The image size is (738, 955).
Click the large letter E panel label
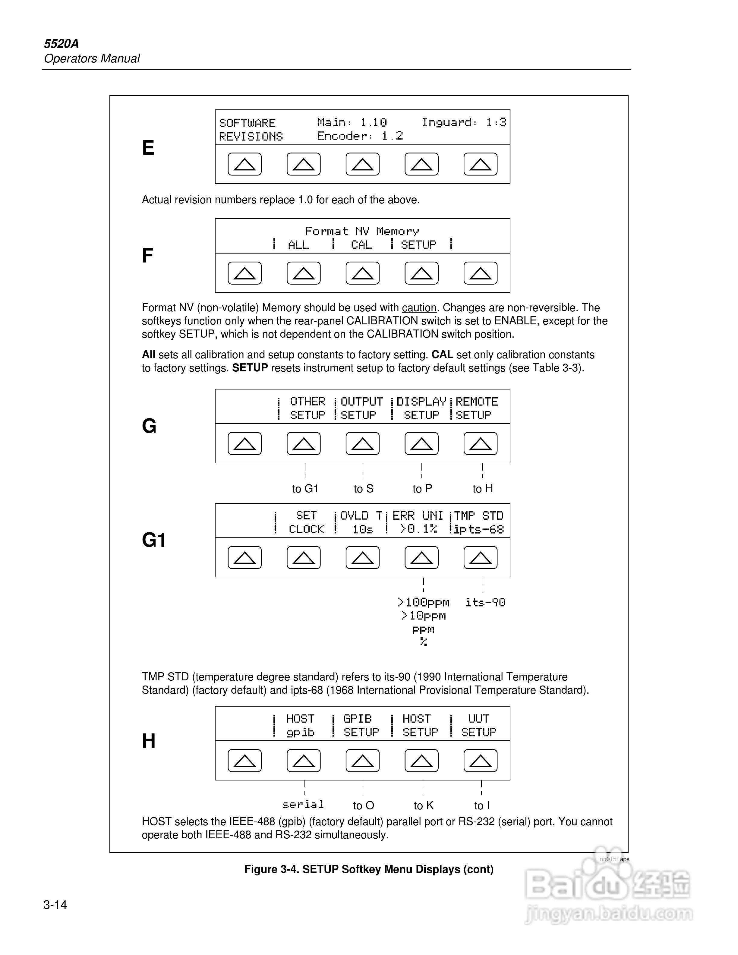click(148, 148)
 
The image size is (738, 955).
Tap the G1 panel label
click(154, 540)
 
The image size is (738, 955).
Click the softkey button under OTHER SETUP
click(303, 444)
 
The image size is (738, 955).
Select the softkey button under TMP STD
click(480, 557)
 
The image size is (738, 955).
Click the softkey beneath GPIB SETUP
click(362, 761)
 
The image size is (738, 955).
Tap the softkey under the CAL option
click(362, 273)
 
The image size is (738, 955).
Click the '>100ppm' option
click(423, 603)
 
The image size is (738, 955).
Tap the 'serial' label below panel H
click(303, 805)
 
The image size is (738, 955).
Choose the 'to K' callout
click(423, 805)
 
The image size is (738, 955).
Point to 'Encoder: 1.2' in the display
click(360, 136)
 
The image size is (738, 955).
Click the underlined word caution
click(419, 308)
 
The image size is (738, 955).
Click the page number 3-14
click(55, 905)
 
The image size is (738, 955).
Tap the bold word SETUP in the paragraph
click(250, 368)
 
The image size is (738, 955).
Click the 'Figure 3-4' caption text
click(369, 869)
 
